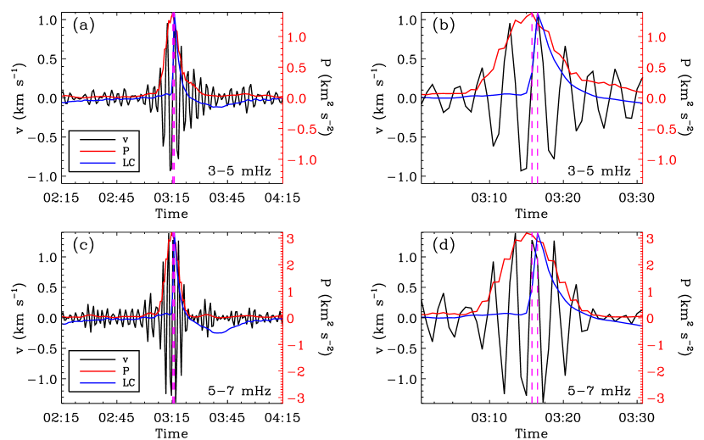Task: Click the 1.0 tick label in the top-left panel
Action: click(296, 37)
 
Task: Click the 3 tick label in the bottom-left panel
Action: click(290, 239)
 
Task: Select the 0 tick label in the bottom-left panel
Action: click(290, 319)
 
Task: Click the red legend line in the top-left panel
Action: click(98, 152)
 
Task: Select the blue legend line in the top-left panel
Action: click(98, 162)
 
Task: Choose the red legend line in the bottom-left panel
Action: click(98, 371)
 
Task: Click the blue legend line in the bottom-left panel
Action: click(98, 383)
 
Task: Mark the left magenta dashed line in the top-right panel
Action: click(532, 127)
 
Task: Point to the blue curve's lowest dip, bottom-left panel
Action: click(219, 333)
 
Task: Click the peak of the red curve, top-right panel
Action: click(530, 14)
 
